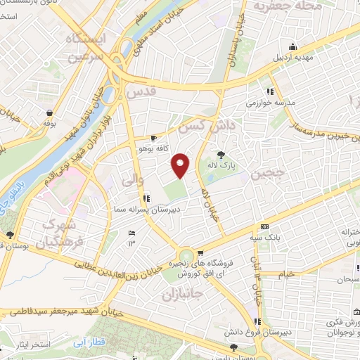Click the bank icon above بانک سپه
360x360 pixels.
[264, 226]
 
